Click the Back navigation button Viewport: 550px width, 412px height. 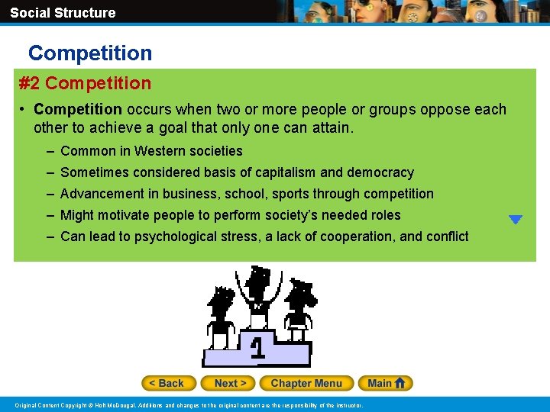169,383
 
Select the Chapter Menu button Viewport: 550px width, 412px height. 306,383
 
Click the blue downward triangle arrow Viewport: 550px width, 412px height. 516,220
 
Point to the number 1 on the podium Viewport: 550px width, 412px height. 258,348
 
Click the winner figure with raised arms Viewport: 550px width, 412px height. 258,294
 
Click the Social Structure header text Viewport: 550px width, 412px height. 63,12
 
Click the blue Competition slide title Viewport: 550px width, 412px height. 90,53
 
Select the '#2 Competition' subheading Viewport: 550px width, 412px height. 85,83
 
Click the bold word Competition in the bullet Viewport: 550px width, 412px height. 78,109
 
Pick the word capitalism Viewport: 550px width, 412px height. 280,172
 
